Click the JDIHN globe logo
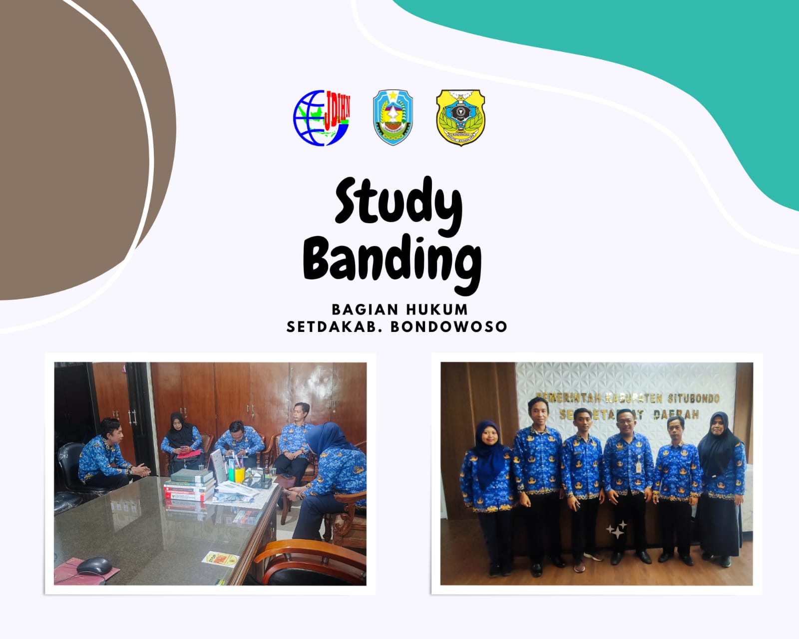click(x=321, y=118)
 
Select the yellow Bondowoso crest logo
click(x=460, y=117)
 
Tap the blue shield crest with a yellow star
click(x=393, y=117)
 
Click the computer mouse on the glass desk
click(x=93, y=566)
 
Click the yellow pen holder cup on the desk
click(x=239, y=474)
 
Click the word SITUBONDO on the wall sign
click(x=694, y=398)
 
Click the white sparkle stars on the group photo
click(x=617, y=530)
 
